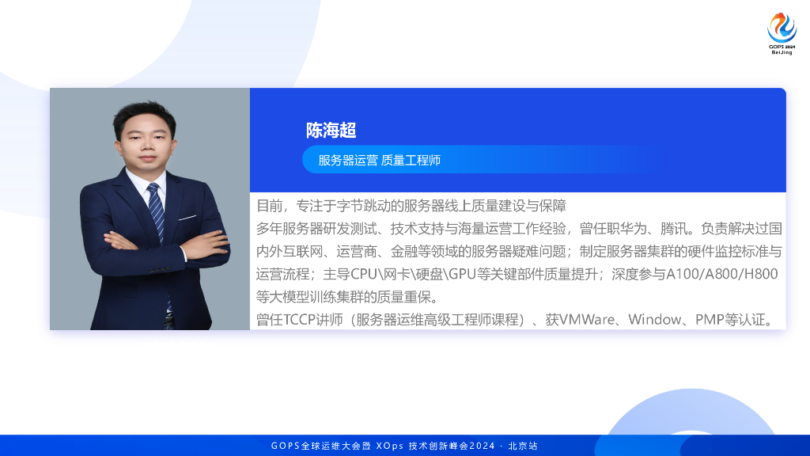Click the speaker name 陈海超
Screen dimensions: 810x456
point(331,131)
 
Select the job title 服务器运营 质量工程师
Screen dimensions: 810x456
point(379,160)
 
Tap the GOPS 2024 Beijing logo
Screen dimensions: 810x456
point(782,33)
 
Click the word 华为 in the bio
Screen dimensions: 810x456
point(633,229)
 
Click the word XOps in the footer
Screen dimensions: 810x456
point(389,446)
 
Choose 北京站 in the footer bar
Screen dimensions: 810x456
point(523,446)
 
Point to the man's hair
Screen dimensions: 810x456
point(146,115)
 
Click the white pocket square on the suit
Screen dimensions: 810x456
point(187,218)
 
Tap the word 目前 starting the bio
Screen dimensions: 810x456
point(270,206)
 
